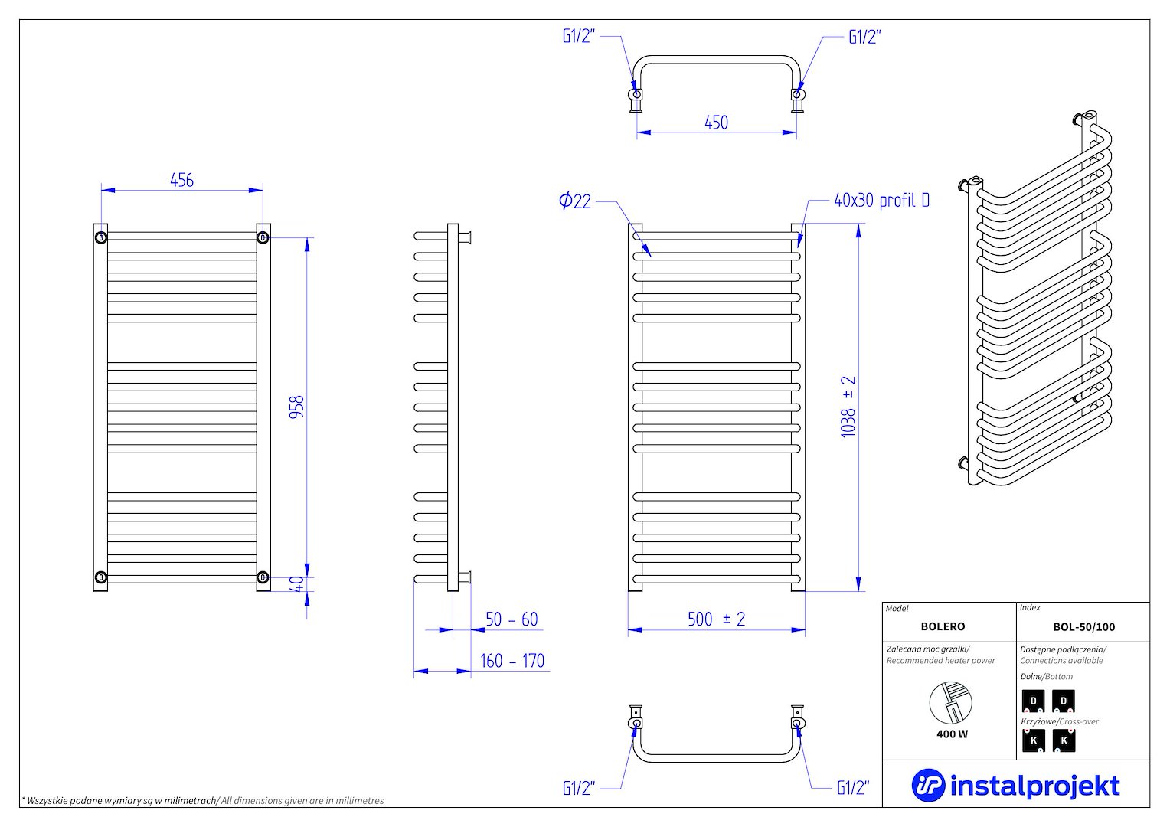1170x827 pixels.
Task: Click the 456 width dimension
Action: [x=181, y=180]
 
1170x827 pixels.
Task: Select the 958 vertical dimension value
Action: [x=296, y=406]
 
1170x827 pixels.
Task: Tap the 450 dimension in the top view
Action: [x=716, y=123]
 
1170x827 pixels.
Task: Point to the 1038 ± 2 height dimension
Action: [x=848, y=407]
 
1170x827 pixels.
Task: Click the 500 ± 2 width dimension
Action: [x=716, y=619]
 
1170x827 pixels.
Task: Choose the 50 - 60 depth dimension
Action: [x=511, y=619]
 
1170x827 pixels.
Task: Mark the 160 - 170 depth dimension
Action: [x=511, y=660]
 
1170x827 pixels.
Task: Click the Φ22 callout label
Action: [x=575, y=201]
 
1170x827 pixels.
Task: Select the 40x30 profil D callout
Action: [x=881, y=201]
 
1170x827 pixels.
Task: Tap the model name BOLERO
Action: [x=943, y=626]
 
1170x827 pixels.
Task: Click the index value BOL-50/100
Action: [x=1083, y=626]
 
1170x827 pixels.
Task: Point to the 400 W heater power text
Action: [x=952, y=734]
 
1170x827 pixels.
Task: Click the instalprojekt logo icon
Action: [x=927, y=785]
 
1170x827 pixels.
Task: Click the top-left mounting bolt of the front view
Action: [x=100, y=237]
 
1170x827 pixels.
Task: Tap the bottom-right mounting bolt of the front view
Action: [x=263, y=577]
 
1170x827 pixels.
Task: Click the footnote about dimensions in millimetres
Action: [x=203, y=800]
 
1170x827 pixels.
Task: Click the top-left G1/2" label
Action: [x=578, y=37]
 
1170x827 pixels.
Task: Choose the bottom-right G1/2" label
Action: [x=853, y=788]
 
